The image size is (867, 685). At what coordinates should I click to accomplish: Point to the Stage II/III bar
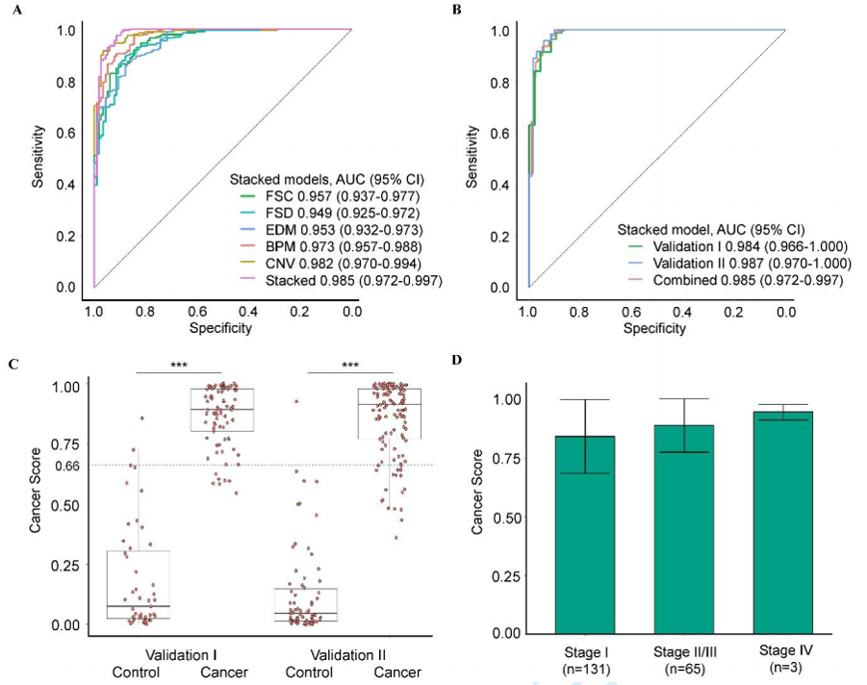click(x=684, y=530)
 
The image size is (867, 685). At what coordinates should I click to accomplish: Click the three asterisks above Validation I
click(x=178, y=366)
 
